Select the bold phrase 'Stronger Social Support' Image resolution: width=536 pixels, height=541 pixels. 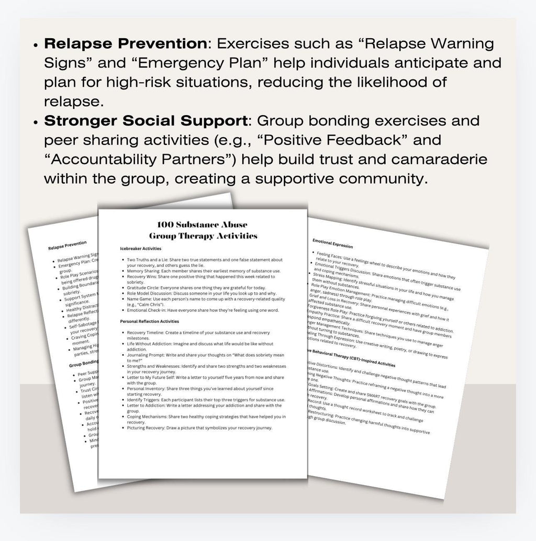pyautogui.click(x=145, y=120)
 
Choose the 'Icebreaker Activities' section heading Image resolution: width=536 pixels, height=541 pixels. pyautogui.click(x=141, y=248)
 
